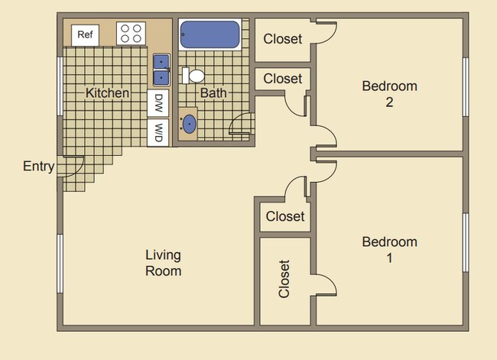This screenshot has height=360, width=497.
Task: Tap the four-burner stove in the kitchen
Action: [x=130, y=34]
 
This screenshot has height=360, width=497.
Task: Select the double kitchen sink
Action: [x=161, y=70]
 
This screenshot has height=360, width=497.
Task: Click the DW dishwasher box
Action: [x=159, y=102]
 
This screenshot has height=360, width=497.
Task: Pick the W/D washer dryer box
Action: [x=159, y=131]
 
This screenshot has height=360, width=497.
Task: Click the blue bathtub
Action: [x=209, y=35]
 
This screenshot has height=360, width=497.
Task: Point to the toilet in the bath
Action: [x=194, y=76]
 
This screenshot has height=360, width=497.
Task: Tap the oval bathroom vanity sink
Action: [x=188, y=125]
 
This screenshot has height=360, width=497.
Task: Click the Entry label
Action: [x=38, y=167]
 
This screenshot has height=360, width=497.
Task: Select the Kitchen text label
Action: [x=107, y=93]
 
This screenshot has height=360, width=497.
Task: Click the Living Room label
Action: [x=164, y=262]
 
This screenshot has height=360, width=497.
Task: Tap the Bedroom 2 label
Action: [x=389, y=93]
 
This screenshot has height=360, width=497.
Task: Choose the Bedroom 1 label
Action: [x=389, y=249]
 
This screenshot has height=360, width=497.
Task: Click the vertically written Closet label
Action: [x=284, y=279]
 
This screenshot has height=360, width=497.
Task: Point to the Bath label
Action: [x=213, y=93]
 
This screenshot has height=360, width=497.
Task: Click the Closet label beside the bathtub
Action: [x=283, y=39]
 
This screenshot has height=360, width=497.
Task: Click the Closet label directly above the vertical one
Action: [x=285, y=216]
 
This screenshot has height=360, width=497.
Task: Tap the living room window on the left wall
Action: [x=60, y=263]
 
